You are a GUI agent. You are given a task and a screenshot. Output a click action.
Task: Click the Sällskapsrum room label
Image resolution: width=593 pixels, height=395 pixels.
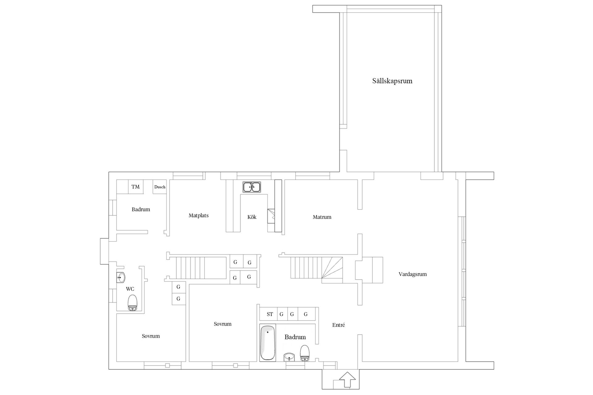(x=392, y=81)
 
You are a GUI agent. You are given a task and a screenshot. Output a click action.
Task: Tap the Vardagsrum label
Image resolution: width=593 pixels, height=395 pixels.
(x=413, y=274)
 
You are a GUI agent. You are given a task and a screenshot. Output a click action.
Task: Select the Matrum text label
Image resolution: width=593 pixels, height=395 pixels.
(x=322, y=217)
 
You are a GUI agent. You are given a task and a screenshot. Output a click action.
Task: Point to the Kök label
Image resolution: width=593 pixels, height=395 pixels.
(x=252, y=217)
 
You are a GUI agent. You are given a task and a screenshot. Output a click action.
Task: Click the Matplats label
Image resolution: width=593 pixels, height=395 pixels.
(x=199, y=215)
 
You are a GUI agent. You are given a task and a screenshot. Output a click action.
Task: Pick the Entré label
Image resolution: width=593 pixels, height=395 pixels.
(x=339, y=325)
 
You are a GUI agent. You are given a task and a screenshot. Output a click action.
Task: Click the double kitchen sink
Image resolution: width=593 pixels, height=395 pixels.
(x=252, y=187)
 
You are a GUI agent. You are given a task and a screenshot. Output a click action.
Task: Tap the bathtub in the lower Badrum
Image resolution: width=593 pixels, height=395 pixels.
(x=267, y=343)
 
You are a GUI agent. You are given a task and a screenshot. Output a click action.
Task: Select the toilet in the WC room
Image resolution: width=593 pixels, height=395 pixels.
(x=132, y=303)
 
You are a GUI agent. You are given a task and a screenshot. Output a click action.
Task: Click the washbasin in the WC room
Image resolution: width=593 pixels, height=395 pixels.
(x=121, y=277)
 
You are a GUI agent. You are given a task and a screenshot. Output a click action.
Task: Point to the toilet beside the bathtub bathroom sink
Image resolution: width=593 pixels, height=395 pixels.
(x=305, y=353)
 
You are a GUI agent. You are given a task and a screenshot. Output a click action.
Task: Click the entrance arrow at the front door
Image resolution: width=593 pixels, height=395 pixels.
(x=347, y=380)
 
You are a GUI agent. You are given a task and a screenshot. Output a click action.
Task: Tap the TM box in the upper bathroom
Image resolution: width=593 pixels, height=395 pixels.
(x=136, y=187)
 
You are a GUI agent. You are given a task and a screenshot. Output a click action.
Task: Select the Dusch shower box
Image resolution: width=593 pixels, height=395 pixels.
(x=160, y=187)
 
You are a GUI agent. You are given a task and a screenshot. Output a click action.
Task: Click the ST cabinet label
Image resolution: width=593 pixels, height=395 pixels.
(x=270, y=314)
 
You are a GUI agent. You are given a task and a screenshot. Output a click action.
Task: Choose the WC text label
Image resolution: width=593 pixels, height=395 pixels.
(x=130, y=289)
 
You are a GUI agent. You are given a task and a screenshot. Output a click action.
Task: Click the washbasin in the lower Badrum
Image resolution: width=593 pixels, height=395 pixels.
(x=289, y=357)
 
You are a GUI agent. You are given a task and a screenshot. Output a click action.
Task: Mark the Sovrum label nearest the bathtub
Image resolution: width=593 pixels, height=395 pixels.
(x=222, y=324)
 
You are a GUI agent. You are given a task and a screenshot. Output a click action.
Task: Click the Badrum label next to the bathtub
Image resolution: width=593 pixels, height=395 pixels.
(x=295, y=337)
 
